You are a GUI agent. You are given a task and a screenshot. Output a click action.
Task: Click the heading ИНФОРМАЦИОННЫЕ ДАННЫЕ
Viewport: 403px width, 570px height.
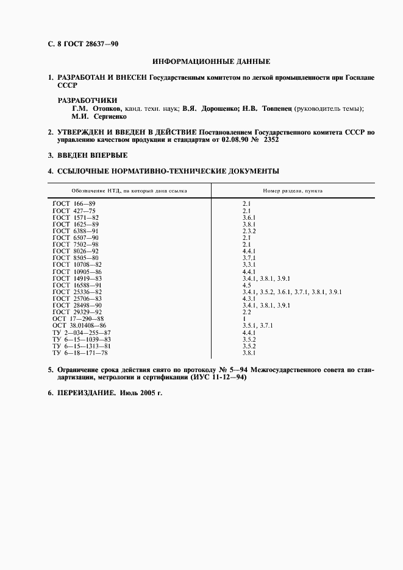coord(211,62)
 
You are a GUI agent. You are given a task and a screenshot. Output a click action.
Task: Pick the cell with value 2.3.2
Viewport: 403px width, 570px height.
coord(250,232)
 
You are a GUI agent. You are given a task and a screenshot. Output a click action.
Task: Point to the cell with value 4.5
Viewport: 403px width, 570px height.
coord(246,286)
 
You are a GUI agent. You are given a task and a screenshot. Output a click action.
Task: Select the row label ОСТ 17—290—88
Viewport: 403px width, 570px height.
coord(78,319)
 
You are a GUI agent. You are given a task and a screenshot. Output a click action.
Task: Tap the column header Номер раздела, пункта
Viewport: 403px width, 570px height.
coord(293,191)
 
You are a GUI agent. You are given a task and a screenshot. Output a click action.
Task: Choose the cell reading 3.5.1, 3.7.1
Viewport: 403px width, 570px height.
coord(257,325)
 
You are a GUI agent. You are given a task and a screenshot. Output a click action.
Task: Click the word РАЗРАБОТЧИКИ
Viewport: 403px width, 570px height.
coord(87,100)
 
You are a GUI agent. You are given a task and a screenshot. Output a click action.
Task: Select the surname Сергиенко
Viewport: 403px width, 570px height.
coord(110,116)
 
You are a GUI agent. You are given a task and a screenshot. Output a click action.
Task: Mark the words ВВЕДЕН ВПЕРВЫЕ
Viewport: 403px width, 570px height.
coord(93,155)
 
